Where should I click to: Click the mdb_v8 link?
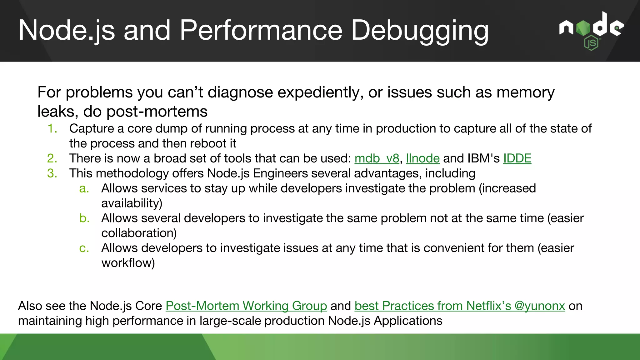(x=377, y=158)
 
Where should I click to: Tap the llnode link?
(x=422, y=158)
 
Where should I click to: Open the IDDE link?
(x=517, y=158)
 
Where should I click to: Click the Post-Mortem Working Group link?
(x=246, y=306)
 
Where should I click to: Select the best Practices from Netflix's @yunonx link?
(x=459, y=306)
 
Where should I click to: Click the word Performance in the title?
(x=261, y=30)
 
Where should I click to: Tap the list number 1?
(x=52, y=129)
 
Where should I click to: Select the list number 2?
(x=52, y=158)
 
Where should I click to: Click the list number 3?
(x=52, y=173)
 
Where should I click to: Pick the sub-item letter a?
(x=84, y=188)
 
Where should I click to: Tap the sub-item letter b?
(x=84, y=218)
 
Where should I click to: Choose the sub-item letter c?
(x=84, y=248)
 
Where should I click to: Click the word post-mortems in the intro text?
(x=157, y=112)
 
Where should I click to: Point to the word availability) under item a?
(x=132, y=203)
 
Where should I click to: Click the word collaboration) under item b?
(x=139, y=233)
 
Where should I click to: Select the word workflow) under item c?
(x=128, y=263)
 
